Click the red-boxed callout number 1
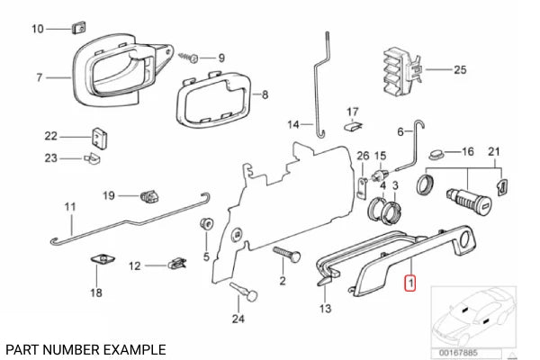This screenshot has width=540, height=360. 410,285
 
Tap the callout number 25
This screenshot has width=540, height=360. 460,69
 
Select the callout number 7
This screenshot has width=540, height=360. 40,78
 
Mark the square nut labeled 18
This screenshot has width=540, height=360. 100,262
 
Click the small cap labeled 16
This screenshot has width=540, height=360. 437,153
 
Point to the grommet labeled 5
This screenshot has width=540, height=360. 206,224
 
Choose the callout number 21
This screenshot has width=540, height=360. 493,151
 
